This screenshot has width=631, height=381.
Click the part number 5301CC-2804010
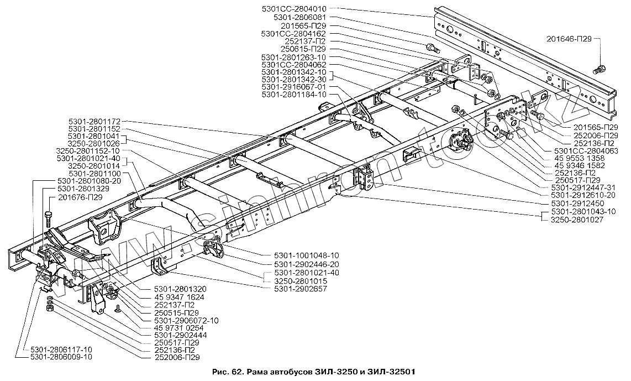(296, 9)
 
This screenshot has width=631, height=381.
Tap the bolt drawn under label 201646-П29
(599, 70)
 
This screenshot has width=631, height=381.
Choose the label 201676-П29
(80, 196)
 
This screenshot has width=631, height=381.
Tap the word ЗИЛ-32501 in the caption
(393, 371)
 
